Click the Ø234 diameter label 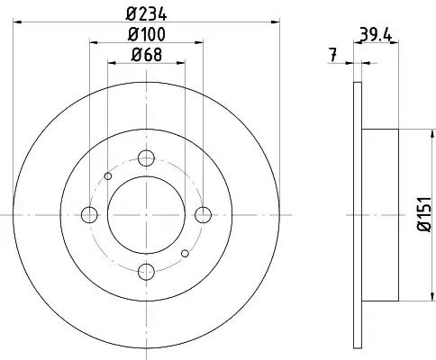(146, 14)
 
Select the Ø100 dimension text (146, 34)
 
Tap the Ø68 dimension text (147, 55)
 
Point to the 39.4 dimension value (376, 36)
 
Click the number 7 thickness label (332, 55)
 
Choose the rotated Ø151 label (425, 214)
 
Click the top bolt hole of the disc (146, 157)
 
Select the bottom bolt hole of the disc (146, 272)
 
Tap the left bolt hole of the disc (89, 215)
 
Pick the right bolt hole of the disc (204, 215)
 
